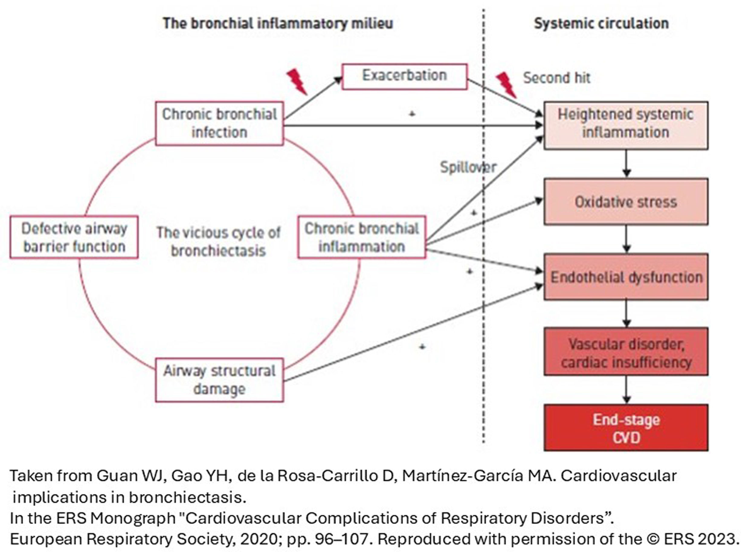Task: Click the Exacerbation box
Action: click(404, 76)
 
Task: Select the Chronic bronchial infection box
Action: click(220, 123)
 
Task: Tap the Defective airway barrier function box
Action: click(74, 237)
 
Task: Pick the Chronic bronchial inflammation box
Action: click(362, 237)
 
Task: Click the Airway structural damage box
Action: click(220, 380)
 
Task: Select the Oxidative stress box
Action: click(626, 202)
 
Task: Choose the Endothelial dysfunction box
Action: click(626, 277)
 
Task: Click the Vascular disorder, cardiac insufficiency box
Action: click(626, 353)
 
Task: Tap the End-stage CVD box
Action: click(626, 428)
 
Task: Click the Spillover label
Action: click(468, 167)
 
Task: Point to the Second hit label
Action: click(556, 78)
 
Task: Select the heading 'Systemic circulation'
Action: click(601, 23)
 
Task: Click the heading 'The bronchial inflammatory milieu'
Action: click(278, 23)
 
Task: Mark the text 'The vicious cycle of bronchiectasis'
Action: click(219, 241)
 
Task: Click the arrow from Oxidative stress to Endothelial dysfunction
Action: click(626, 239)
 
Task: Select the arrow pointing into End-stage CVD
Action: click(626, 390)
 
